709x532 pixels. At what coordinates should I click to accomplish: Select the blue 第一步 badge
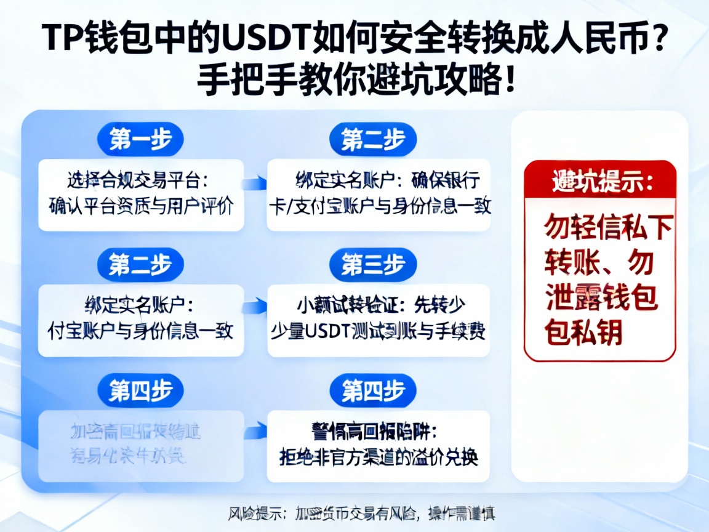(140, 140)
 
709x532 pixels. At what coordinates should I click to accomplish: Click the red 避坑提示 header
(600, 181)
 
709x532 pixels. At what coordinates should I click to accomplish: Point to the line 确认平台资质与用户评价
(141, 206)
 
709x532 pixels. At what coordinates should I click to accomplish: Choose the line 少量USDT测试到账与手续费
(379, 331)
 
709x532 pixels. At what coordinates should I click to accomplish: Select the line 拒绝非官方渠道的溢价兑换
(379, 458)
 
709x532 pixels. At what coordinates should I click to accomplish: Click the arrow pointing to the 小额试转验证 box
(254, 306)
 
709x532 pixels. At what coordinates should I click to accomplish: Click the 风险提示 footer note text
(361, 512)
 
